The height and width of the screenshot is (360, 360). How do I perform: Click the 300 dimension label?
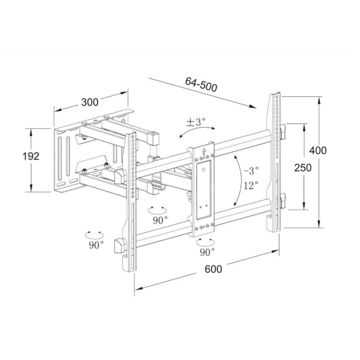point(90,102)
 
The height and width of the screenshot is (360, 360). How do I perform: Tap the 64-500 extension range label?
point(201,85)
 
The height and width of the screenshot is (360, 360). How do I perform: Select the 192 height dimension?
point(31,156)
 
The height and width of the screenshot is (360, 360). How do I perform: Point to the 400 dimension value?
point(318,151)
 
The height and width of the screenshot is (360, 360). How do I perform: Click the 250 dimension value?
point(303,167)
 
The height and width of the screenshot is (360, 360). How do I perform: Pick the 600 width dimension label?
point(213,269)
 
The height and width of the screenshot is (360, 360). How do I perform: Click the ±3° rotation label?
point(196,121)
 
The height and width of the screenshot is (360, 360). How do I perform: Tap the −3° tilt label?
point(251,171)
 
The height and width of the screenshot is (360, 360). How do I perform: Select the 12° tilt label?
point(251,185)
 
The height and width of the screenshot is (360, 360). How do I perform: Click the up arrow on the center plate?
point(203,152)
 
